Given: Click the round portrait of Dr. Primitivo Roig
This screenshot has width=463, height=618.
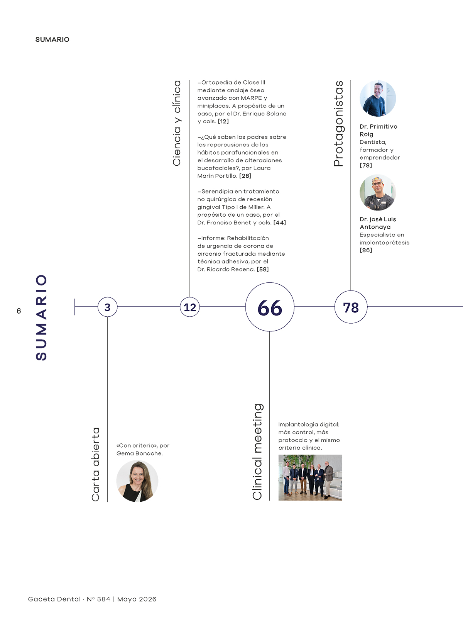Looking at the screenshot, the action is coord(378,98).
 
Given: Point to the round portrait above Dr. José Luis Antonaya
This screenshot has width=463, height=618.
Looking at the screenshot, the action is coord(378,193).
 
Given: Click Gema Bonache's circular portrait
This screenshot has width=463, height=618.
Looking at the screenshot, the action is coord(137,481).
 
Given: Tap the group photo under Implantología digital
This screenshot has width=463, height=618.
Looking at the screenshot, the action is coord(310,477).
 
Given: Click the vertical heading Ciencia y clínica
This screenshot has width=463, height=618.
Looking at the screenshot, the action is coord(177,123).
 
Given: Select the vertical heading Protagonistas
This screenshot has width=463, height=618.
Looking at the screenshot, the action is coord(338,124).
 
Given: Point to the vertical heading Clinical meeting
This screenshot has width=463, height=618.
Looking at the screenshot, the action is coord(257,452).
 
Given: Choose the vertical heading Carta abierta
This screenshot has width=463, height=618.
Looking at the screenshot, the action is coord(96,464).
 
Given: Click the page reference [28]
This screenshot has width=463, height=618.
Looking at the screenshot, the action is coord(245,176).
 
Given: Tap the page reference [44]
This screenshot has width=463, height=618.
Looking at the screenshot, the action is coord(279,223).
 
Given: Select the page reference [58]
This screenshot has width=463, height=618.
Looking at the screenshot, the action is coord(263,270).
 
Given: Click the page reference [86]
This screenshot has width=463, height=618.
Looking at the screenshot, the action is coord(366,250).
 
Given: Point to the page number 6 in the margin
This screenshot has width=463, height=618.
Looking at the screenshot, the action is coord(19,311).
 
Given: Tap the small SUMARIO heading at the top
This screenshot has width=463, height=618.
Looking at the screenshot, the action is coord(52,39).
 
